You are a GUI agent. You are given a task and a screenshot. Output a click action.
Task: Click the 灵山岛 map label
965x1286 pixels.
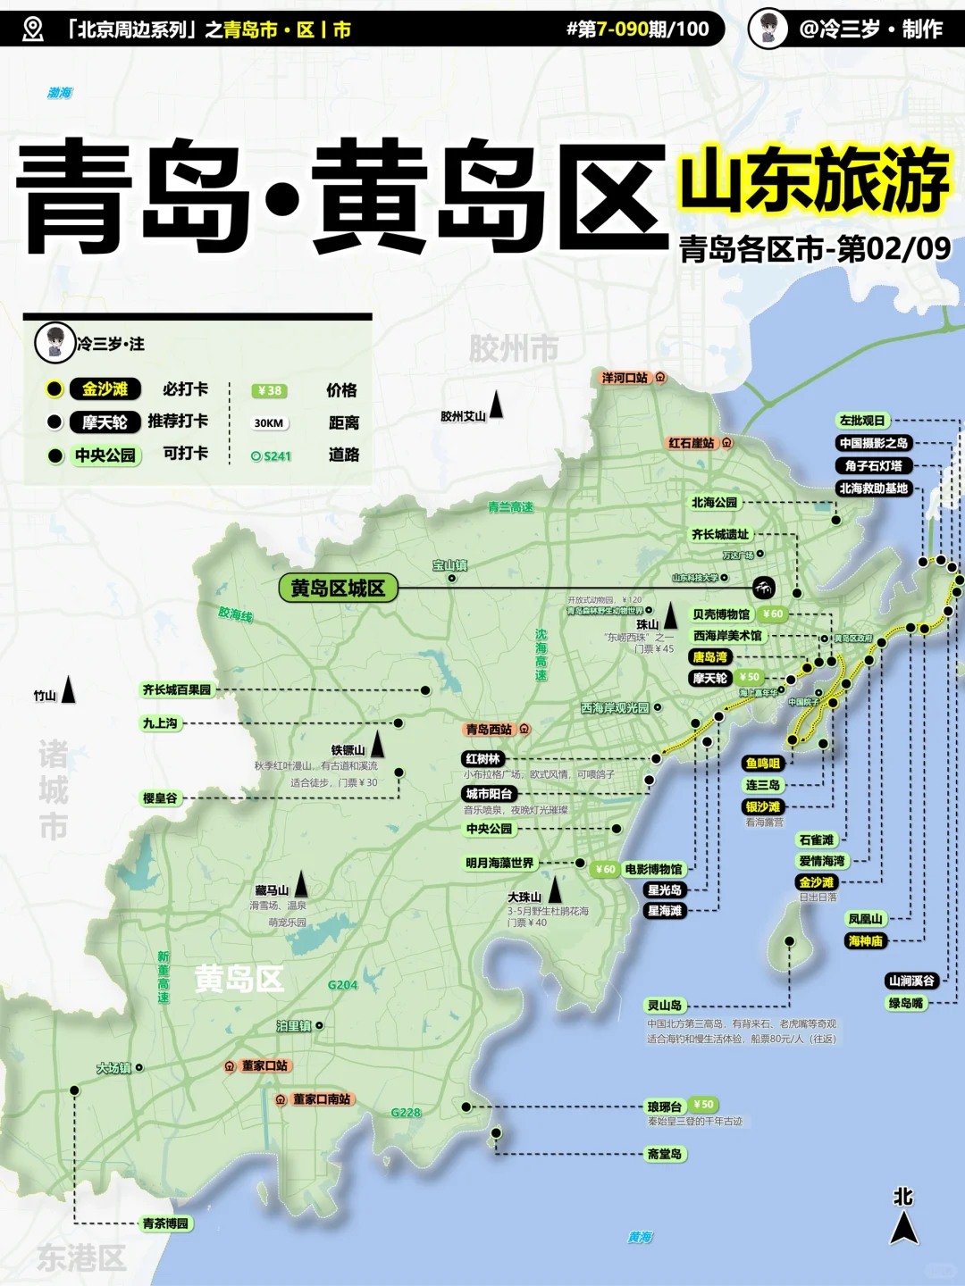pyautogui.click(x=664, y=1005)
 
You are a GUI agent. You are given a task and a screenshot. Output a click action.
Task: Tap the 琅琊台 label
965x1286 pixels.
pyautogui.click(x=664, y=1106)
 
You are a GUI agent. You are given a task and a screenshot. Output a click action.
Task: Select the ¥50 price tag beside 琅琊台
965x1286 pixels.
pyautogui.click(x=703, y=1105)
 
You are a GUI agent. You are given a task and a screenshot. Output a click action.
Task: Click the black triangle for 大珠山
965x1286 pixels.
pyautogui.click(x=555, y=889)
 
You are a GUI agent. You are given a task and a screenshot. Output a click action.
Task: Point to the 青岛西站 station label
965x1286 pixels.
pyautogui.click(x=489, y=730)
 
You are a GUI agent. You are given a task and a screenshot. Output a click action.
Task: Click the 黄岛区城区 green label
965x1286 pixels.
pyautogui.click(x=338, y=588)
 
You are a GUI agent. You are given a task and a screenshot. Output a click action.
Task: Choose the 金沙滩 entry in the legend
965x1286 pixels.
pyautogui.click(x=105, y=389)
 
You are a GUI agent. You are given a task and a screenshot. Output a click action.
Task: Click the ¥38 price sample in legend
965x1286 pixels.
pyautogui.click(x=269, y=390)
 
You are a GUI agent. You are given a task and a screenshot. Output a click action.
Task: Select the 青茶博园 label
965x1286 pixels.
pyautogui.click(x=165, y=1223)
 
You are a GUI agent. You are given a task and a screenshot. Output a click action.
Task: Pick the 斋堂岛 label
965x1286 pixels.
pyautogui.click(x=664, y=1154)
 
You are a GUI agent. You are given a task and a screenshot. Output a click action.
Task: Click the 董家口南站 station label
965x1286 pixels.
pyautogui.click(x=321, y=1099)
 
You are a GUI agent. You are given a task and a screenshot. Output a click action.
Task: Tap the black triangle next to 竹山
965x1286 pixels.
pyautogui.click(x=68, y=690)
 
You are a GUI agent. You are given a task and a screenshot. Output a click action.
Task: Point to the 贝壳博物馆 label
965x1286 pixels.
pyautogui.click(x=721, y=614)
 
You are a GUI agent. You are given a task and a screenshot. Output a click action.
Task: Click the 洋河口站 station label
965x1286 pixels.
pyautogui.click(x=625, y=378)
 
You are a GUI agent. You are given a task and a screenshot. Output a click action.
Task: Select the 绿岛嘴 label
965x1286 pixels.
pyautogui.click(x=905, y=1003)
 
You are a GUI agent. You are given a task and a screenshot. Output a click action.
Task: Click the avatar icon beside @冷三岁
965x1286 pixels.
pyautogui.click(x=768, y=28)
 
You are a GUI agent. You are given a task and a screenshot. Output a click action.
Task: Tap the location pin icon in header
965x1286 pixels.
pyautogui.click(x=33, y=29)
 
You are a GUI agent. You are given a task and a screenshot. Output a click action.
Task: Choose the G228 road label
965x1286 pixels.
pyautogui.click(x=406, y=1112)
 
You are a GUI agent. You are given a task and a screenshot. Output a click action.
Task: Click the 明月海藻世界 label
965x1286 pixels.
pyautogui.click(x=499, y=863)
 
